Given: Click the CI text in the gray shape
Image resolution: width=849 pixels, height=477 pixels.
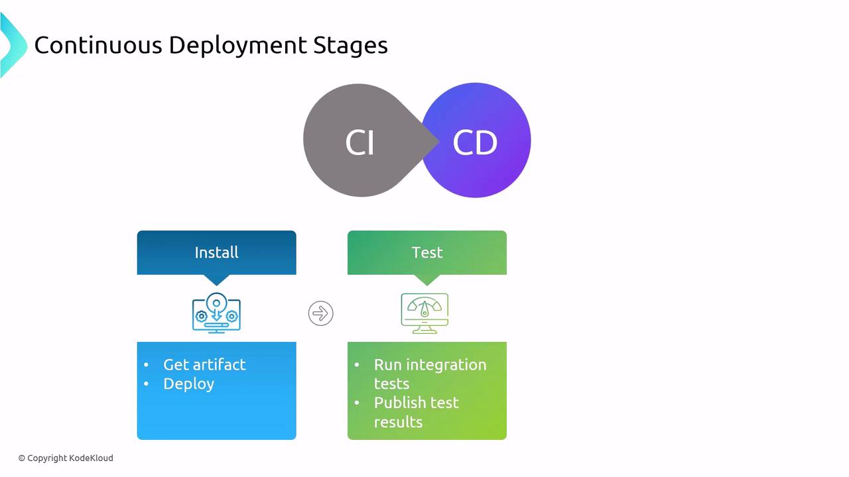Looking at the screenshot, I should coord(360,142).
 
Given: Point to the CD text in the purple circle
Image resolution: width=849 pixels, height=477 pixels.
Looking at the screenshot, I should coord(475,142).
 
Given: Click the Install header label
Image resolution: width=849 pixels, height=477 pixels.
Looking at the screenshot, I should coord(216,252).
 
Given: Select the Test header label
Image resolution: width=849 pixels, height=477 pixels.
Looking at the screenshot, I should coord(427,252).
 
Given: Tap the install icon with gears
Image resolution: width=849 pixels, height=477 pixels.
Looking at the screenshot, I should coord(216,313).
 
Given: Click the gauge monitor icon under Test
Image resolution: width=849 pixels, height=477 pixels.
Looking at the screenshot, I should coord(424,313).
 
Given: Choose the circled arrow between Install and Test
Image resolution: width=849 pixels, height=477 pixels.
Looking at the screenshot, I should coord(321,313).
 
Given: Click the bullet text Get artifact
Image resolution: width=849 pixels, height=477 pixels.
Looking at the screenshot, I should coord(204,364).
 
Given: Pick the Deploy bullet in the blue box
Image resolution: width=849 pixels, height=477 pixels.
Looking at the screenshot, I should coord(188,384).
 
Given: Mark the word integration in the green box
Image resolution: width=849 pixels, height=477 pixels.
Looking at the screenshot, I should coord(446,364).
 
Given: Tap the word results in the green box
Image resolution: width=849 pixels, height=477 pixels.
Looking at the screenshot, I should coord(398,422).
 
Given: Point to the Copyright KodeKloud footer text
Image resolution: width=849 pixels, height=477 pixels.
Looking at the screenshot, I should coord(66,458).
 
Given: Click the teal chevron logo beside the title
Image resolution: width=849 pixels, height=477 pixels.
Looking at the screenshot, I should coord(12,45).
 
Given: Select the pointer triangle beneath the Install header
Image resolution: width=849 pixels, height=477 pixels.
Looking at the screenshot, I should coord(216,280).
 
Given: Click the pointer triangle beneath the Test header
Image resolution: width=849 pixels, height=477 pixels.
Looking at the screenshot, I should coord(427,280).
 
